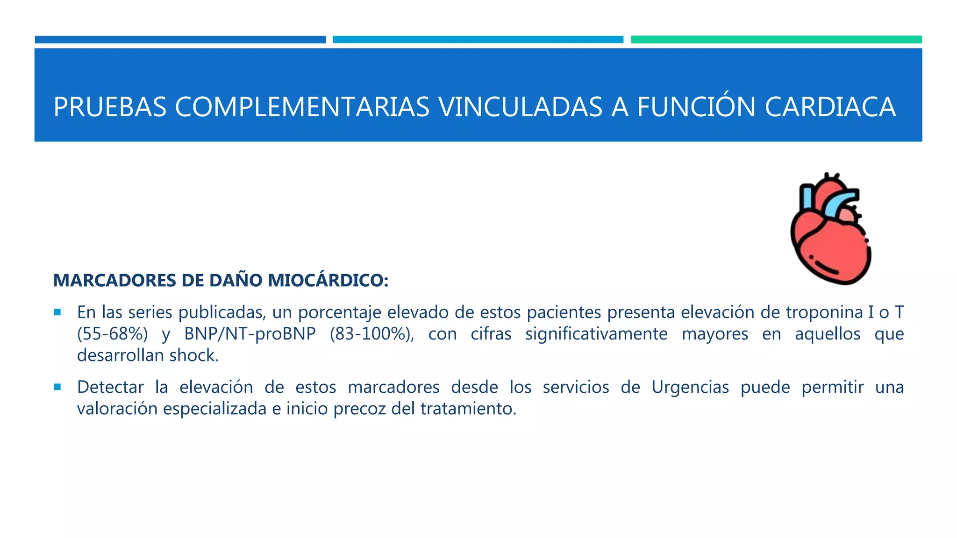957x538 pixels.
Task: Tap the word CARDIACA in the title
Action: point(830,107)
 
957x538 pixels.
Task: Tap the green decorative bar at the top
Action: point(776,40)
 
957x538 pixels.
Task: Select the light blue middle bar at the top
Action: point(478,40)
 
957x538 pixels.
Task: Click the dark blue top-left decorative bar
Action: point(180,40)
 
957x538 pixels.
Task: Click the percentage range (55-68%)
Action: point(113,334)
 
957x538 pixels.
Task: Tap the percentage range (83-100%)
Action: point(371,334)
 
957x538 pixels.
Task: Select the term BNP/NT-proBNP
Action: point(250,334)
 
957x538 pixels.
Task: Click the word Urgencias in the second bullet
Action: point(690,387)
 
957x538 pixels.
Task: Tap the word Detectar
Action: point(110,387)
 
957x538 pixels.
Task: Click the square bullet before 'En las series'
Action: point(57,312)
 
